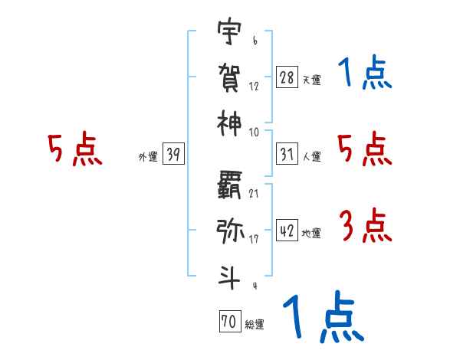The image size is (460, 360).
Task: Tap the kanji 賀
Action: click(229, 77)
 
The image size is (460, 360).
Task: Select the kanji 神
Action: click(229, 121)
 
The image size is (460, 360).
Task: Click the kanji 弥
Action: click(229, 229)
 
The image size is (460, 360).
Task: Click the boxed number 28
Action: click(287, 77)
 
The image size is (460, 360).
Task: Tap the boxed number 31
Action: click(287, 155)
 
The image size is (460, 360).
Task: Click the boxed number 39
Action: click(173, 155)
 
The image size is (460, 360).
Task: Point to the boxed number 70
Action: click(228, 322)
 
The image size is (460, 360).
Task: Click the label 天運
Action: click(311, 80)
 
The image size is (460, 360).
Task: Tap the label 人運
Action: click(311, 157)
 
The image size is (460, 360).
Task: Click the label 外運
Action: click(148, 157)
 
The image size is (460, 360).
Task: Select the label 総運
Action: click(254, 325)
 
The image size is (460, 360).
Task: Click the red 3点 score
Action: click(364, 227)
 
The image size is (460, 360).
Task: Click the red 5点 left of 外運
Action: click(74, 150)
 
